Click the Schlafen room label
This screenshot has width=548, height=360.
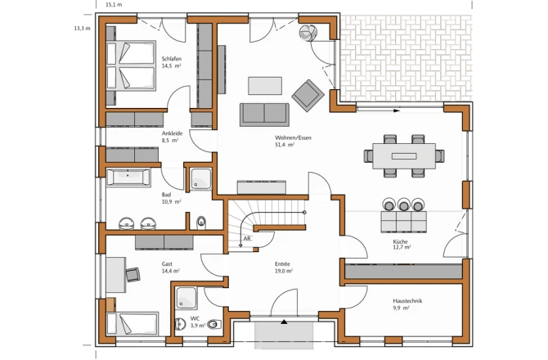point(171,59)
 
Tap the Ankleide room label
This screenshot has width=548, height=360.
point(172,133)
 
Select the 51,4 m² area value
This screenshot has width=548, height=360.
point(285,144)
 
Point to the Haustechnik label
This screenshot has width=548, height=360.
point(407,300)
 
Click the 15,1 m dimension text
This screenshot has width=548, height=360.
point(114,5)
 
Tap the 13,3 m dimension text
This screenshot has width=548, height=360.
point(82,29)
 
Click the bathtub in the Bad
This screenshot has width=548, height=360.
point(128,178)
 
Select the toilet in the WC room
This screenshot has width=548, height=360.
point(214,324)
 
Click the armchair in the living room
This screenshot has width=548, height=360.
point(308,96)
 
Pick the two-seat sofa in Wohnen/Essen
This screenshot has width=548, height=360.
point(264,115)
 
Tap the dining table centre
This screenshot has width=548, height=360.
point(404,156)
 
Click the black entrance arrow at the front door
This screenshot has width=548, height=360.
point(284,322)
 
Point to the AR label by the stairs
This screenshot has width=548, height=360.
point(247,239)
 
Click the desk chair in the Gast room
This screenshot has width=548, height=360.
point(133,274)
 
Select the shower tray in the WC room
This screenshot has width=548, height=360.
point(186,298)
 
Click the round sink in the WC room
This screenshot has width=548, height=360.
point(180,324)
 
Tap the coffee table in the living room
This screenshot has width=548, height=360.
point(265,86)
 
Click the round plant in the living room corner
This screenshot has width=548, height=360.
point(308,33)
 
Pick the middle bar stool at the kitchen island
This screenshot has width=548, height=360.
point(404,205)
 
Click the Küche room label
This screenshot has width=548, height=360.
point(400,241)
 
